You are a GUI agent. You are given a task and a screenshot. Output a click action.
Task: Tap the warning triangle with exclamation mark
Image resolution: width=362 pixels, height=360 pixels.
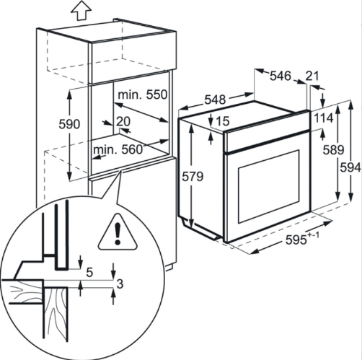pos(118,232)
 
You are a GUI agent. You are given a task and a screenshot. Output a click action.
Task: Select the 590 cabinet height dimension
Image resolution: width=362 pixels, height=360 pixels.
pos(69,124)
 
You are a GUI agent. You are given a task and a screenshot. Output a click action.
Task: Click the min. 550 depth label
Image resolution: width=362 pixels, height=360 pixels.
pos(142,95)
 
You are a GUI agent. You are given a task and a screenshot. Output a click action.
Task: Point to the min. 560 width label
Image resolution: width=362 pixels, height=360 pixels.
pos(118,149)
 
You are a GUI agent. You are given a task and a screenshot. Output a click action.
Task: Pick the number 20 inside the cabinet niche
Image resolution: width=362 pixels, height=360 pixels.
pos(123,121)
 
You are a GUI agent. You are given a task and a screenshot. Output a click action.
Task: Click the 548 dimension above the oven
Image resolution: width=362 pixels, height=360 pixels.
pos(215,100)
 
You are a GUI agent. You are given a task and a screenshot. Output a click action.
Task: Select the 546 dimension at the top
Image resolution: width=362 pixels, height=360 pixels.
pos(281,76)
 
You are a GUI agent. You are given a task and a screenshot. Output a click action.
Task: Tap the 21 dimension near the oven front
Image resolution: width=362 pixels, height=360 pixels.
pos(312,76)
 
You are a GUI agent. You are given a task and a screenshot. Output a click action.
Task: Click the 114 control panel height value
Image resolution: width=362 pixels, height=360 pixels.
pos(324,118)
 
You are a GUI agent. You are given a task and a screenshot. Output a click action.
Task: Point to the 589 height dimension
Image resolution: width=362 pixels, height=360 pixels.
pos(333,150)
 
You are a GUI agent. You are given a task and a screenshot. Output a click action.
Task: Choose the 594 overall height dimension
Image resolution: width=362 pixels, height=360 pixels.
pos(350,167)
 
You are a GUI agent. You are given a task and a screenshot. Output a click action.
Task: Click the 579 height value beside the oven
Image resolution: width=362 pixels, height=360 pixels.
pos(193,177)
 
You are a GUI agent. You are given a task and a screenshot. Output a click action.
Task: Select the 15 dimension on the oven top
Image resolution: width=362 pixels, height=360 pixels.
pos(223,121)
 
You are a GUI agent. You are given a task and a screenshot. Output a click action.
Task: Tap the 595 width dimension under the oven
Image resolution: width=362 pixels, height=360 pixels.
pos(296,240)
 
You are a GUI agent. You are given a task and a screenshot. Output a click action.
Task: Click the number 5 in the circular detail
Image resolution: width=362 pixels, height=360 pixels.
pos(89,273)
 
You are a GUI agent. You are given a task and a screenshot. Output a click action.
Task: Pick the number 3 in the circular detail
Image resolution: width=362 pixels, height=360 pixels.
pos(120,284)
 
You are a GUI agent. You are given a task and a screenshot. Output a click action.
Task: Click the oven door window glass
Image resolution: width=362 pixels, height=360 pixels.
pos(269,187)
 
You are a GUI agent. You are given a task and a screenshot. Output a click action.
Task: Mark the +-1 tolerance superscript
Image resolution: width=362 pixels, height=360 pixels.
pos(314,234)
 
